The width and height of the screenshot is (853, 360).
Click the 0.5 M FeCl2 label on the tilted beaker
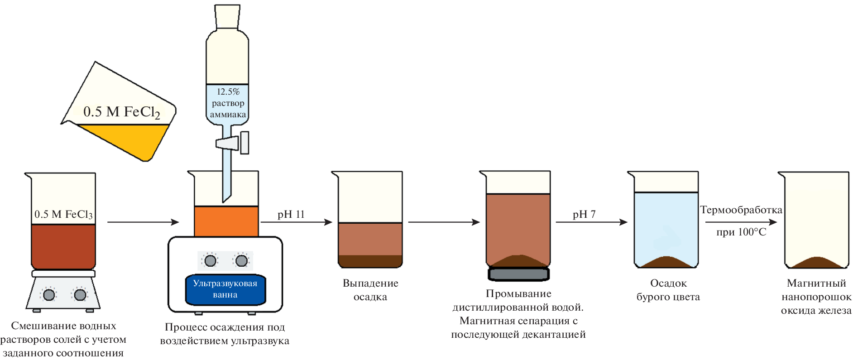pyautogui.click(x=121, y=112)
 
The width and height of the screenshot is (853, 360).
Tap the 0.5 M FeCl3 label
pyautogui.click(x=63, y=214)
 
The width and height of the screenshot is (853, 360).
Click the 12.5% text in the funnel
pyautogui.click(x=228, y=91)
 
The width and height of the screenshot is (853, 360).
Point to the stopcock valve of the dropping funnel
pyautogui.click(x=232, y=143)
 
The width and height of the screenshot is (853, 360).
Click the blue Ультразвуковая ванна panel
pyautogui.click(x=225, y=289)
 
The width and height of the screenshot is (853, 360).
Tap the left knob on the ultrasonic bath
pyautogui.click(x=211, y=261)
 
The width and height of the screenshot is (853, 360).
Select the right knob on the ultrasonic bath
pyautogui.click(x=241, y=261)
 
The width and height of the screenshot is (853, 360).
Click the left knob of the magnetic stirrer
pyautogui.click(x=49, y=295)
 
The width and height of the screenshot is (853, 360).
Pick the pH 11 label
pyautogui.click(x=291, y=214)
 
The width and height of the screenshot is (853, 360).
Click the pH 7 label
pyautogui.click(x=584, y=214)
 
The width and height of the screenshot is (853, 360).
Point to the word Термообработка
pyautogui.click(x=741, y=210)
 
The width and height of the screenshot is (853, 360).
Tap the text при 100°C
pyautogui.click(x=741, y=232)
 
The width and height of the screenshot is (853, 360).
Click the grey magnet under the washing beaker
pyautogui.click(x=518, y=274)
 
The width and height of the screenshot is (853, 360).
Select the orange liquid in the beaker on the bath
pyautogui.click(x=226, y=221)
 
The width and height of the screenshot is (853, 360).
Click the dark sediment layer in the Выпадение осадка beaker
pyautogui.click(x=370, y=261)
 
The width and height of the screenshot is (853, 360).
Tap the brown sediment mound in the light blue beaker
pyautogui.click(x=666, y=262)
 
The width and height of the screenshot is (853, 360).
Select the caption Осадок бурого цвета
pyautogui.click(x=668, y=290)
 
